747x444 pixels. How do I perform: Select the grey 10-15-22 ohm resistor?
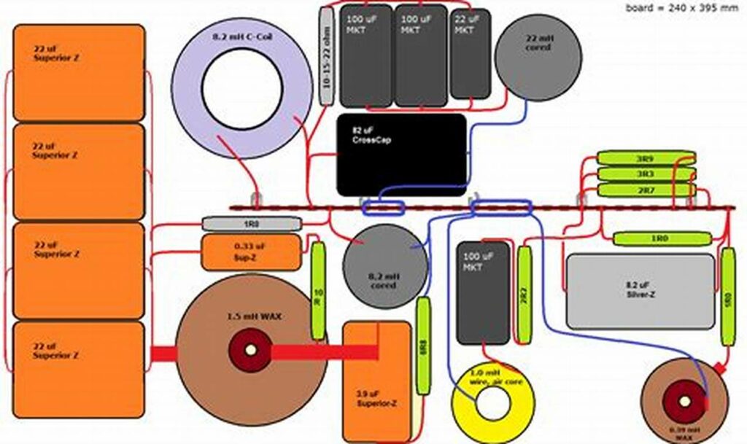coord(326,58)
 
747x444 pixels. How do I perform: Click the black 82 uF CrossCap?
coord(400,154)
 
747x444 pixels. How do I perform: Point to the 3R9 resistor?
coord(645,157)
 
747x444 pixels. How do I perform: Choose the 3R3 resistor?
coord(645,174)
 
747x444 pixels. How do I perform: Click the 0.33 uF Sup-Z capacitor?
coord(250,252)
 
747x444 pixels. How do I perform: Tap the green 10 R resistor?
coord(318,291)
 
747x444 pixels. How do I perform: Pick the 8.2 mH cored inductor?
coord(383,267)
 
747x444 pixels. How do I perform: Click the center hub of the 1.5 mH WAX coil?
coord(250,350)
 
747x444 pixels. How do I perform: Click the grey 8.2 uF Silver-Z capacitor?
coord(640,290)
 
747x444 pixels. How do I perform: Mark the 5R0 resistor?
coord(727,297)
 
